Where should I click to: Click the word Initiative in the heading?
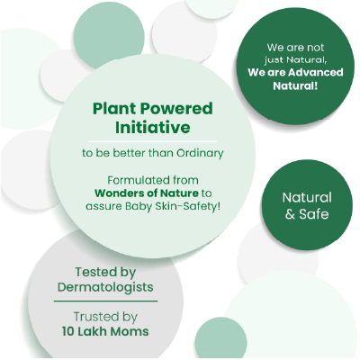[153, 128]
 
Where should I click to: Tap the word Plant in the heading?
[112, 109]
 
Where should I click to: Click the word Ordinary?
[195, 152]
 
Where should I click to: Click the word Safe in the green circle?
[312, 214]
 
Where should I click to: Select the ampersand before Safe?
[288, 214]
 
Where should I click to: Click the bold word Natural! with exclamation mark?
[294, 87]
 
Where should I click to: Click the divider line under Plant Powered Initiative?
[153, 141]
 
